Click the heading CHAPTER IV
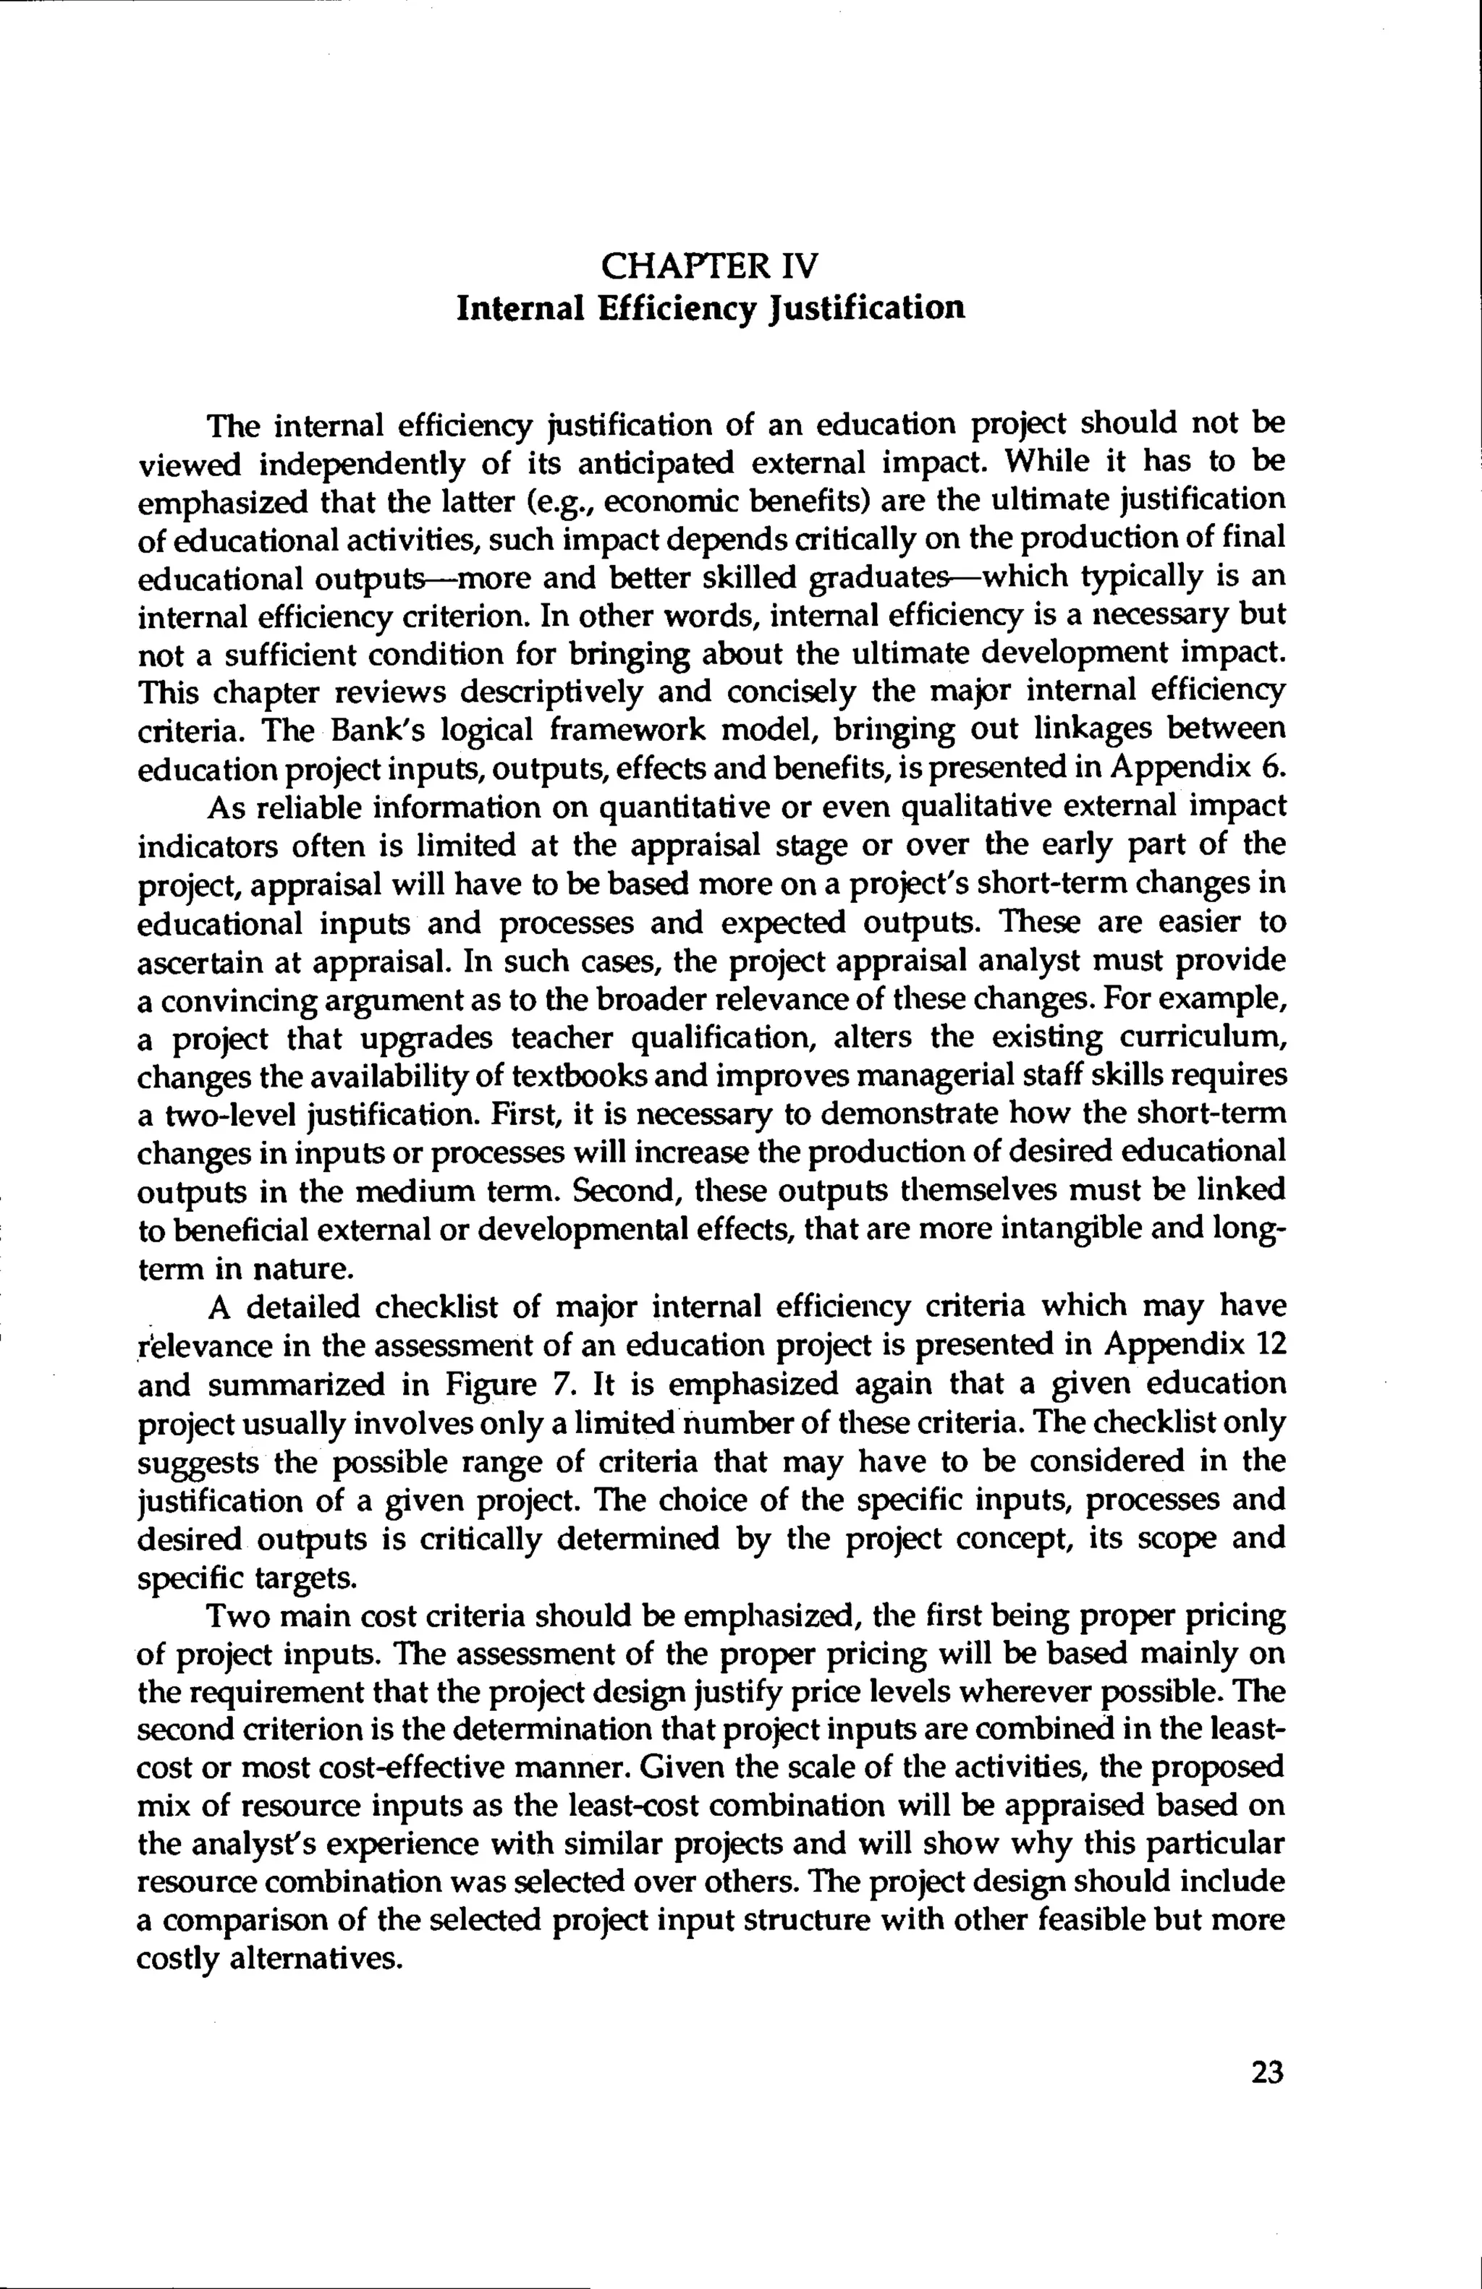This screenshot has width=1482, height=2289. pos(710,263)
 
